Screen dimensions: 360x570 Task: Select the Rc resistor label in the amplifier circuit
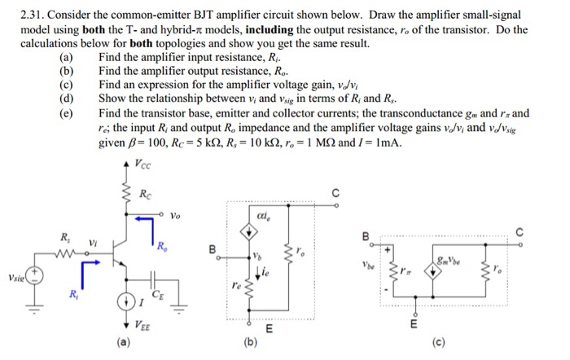tap(145, 194)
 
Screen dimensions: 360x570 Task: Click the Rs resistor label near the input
tap(64, 237)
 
